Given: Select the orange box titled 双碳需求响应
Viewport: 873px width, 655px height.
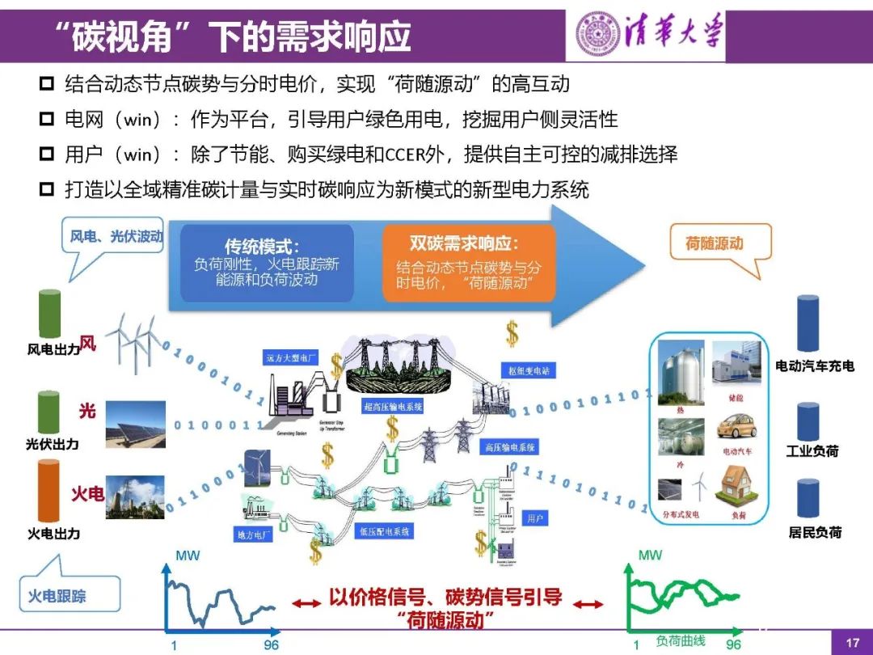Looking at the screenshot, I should pos(469,263).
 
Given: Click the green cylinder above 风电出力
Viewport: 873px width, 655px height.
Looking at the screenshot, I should pos(50,314).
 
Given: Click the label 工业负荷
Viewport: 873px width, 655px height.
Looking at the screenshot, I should pos(812,450).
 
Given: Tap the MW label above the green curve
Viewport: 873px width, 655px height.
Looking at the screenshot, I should pos(650,556).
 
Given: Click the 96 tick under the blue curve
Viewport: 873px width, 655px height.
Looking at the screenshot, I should pos(271,645).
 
